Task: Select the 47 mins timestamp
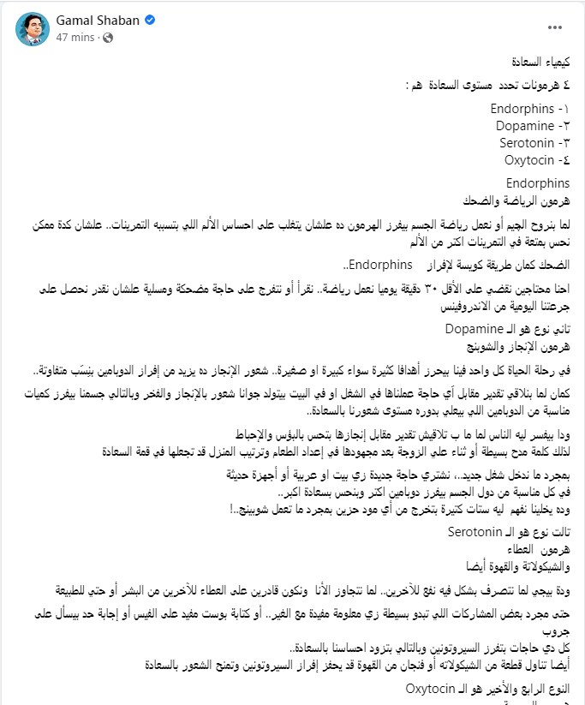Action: [70, 39]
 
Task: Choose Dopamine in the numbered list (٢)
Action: [524, 125]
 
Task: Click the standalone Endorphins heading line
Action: [537, 183]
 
